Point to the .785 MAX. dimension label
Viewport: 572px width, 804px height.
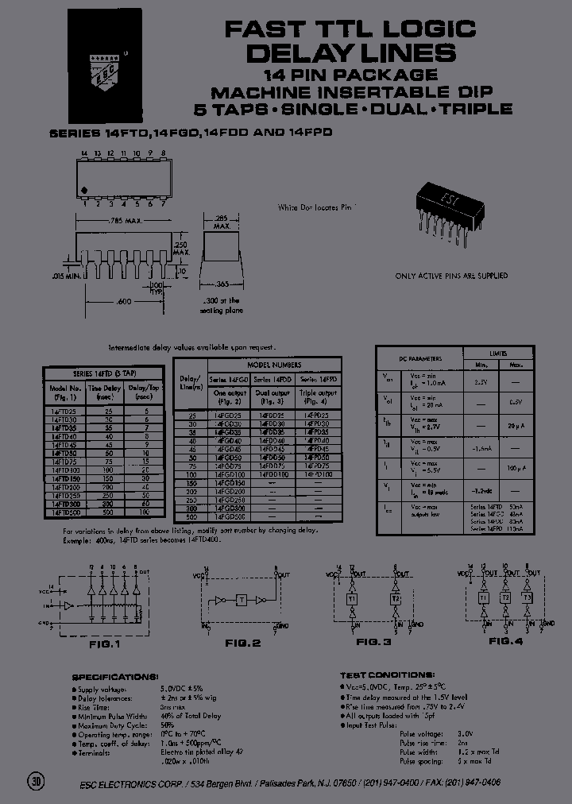point(121,221)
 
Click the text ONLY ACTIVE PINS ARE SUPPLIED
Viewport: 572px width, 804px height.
point(451,276)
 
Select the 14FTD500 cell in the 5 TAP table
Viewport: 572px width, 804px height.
point(65,513)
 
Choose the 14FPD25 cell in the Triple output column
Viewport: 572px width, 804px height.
point(318,415)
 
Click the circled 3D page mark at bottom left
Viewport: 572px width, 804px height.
point(37,781)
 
